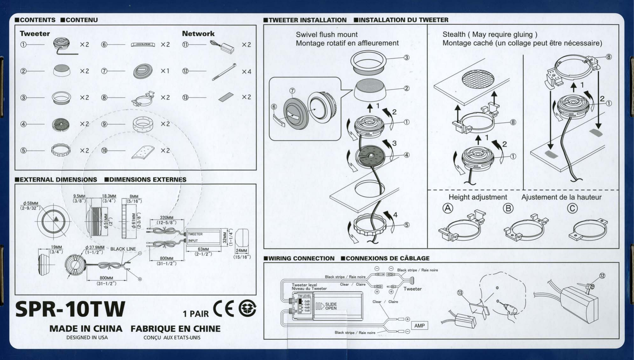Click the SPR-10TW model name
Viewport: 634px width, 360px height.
[70, 309]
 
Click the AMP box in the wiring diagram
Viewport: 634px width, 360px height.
[419, 325]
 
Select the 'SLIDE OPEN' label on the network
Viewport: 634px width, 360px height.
[331, 306]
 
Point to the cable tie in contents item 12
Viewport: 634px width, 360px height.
[224, 72]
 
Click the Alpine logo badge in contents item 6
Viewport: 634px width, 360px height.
[143, 45]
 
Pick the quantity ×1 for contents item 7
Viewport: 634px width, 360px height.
[165, 71]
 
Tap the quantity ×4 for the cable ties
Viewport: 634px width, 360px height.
[246, 72]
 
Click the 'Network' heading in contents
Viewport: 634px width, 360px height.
[198, 34]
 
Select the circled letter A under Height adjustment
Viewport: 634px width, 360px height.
[447, 208]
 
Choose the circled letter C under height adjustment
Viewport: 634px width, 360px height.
[572, 208]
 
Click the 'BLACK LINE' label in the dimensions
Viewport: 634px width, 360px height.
[123, 249]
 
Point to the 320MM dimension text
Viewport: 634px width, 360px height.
[166, 218]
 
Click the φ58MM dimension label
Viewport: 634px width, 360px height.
[30, 203]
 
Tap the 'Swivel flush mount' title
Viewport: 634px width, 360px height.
[327, 35]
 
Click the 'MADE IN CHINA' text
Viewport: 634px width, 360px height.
[86, 329]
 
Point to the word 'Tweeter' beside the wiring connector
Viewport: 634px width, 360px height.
[412, 289]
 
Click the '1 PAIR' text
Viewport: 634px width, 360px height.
[196, 314]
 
